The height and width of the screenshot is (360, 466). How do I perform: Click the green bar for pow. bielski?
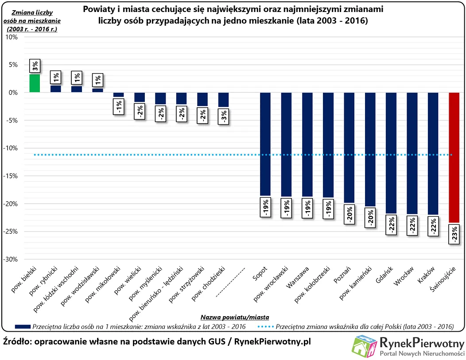[35, 83]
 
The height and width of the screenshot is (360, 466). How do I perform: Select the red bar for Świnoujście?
[454, 157]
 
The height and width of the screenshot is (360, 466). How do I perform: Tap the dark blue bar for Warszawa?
[307, 144]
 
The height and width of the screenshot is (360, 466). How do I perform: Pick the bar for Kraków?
[433, 153]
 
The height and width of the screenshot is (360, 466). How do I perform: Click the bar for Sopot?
[265, 144]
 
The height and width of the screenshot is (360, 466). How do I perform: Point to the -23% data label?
[454, 234]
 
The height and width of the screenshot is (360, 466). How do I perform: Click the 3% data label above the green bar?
[35, 67]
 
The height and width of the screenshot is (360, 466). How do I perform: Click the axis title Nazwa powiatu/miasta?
[235, 317]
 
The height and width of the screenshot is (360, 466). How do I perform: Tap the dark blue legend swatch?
[22, 327]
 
